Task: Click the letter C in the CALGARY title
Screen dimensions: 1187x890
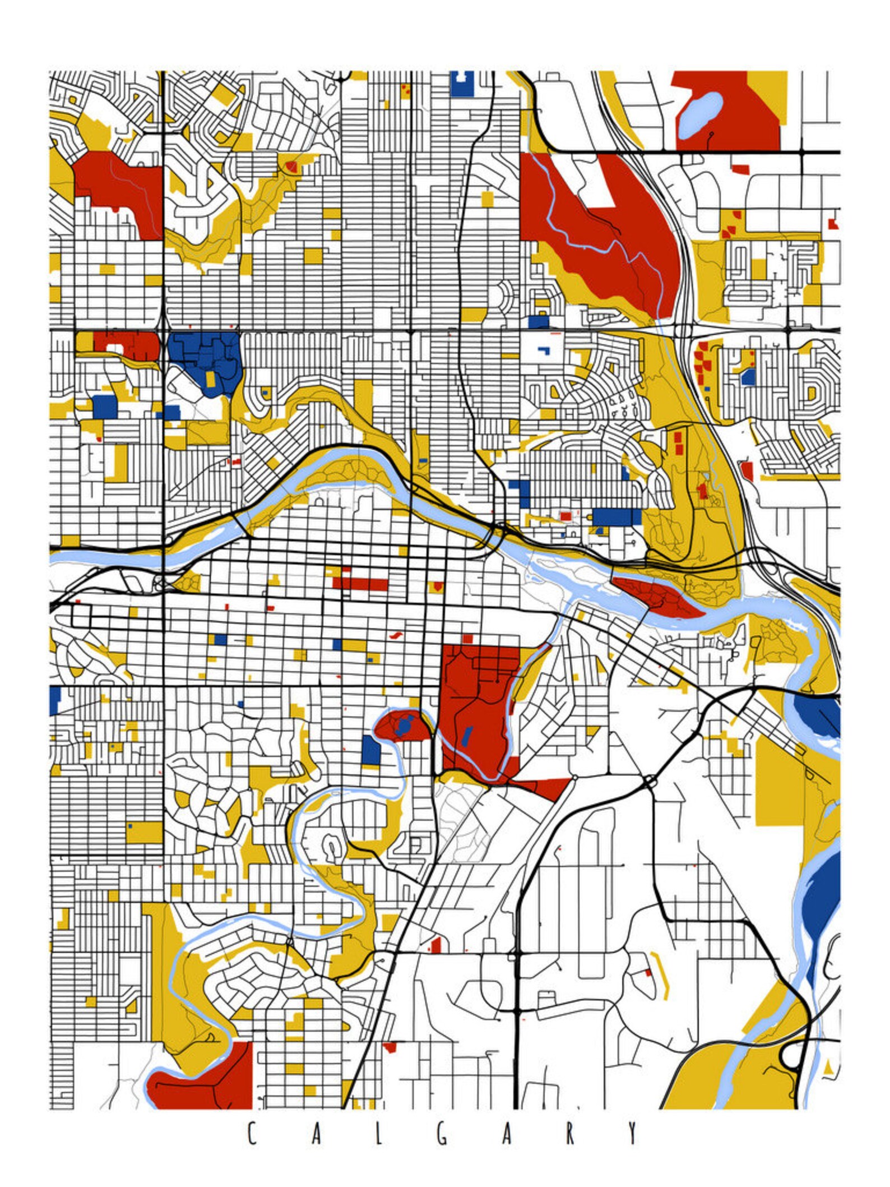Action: (x=252, y=1134)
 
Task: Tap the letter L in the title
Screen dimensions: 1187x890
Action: (x=379, y=1134)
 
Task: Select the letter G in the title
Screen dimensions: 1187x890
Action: (x=443, y=1134)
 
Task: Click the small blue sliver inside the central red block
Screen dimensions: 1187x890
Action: (x=467, y=735)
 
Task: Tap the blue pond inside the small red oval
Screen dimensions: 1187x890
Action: (x=405, y=727)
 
